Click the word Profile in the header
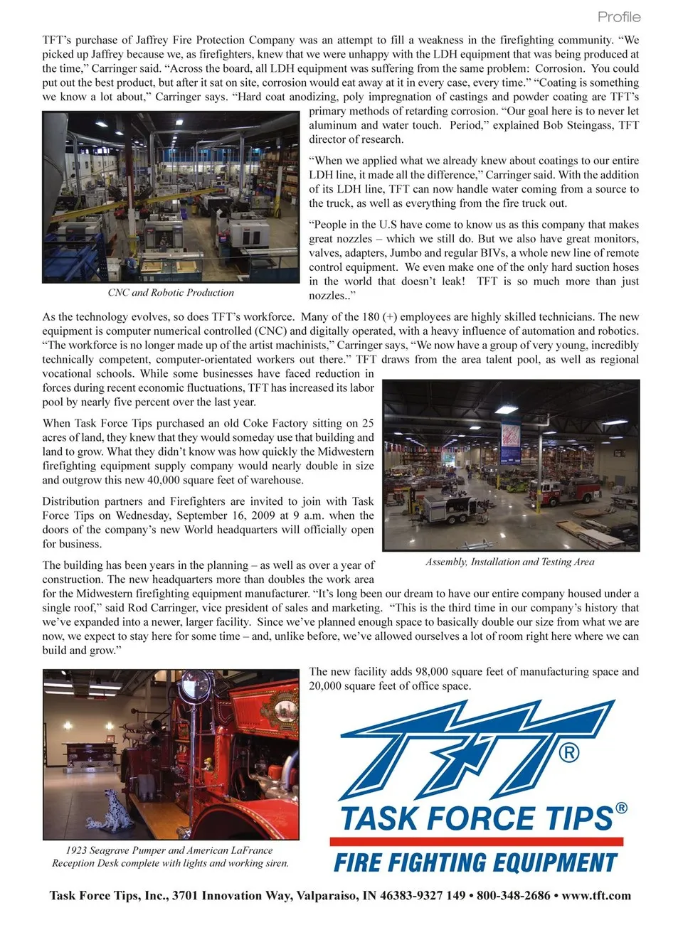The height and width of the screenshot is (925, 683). coord(618,16)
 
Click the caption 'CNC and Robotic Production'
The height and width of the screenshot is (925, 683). coord(171,292)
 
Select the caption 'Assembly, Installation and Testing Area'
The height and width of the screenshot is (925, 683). coord(509,562)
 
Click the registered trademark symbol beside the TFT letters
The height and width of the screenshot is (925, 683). coord(568,752)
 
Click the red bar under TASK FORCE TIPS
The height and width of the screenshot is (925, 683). coord(476,841)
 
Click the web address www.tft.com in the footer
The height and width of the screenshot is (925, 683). coord(596,896)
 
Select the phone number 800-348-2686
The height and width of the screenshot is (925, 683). coord(513,896)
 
